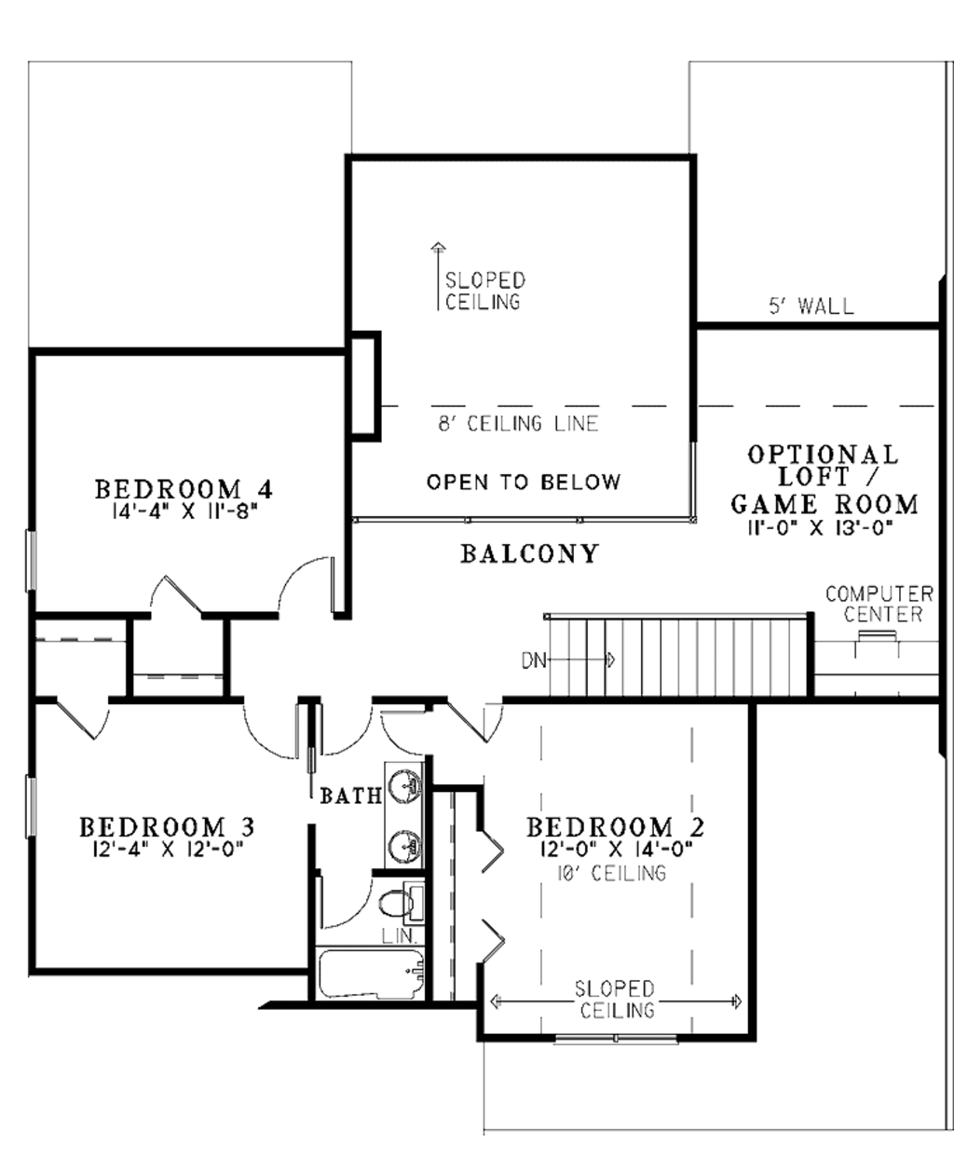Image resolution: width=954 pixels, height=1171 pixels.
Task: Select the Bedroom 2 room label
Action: pyautogui.click(x=615, y=827)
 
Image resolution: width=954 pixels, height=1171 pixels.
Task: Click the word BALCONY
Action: pyautogui.click(x=529, y=554)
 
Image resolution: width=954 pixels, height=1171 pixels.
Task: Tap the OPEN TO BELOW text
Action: pyautogui.click(x=523, y=482)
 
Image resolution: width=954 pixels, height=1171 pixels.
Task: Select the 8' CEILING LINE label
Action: pyautogui.click(x=518, y=424)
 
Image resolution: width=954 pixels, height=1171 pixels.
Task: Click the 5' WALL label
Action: pyautogui.click(x=811, y=306)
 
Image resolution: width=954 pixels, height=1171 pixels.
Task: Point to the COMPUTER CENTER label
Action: pyautogui.click(x=879, y=604)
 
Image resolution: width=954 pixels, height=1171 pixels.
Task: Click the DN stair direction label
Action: pyautogui.click(x=533, y=660)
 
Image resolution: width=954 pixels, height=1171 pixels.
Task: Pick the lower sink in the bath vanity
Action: pyautogui.click(x=405, y=846)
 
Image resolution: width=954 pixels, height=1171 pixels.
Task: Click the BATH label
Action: pyautogui.click(x=350, y=796)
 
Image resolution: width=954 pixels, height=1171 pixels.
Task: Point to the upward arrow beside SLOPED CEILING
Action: pyautogui.click(x=436, y=275)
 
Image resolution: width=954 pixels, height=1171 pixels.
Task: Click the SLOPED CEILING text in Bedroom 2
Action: pyautogui.click(x=615, y=1000)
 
